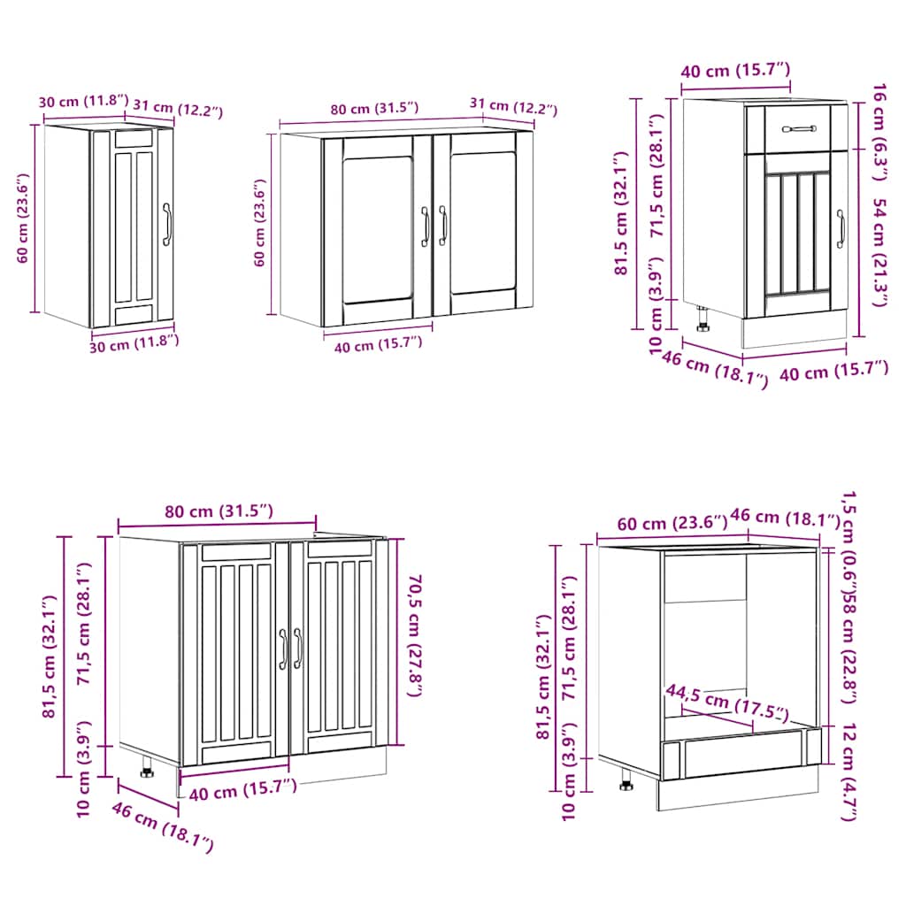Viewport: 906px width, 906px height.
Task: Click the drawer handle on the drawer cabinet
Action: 799,129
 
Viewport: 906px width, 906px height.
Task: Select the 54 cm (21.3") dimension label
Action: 879,252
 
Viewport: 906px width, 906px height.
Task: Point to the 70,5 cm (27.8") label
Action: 413,633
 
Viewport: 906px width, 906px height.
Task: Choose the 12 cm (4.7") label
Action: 848,773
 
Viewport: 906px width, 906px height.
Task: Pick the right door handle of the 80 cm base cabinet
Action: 297,649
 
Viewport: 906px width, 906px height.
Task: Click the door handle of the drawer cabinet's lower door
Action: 841,229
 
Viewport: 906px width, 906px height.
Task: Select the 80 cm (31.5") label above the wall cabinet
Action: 374,109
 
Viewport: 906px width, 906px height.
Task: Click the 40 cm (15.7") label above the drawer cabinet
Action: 734,70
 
